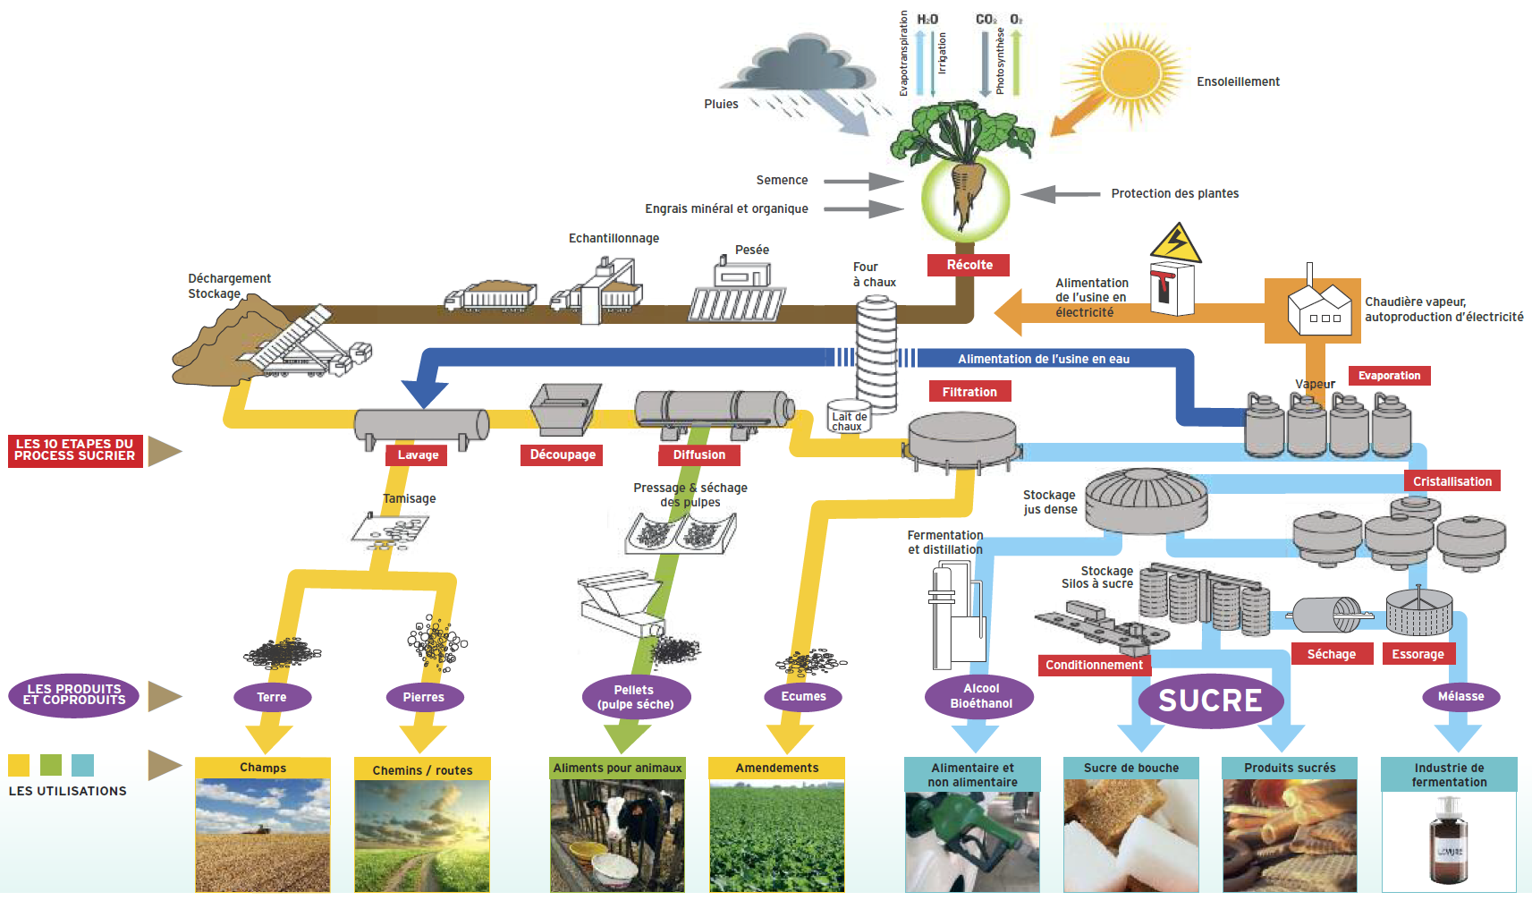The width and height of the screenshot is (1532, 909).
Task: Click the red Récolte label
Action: tap(969, 265)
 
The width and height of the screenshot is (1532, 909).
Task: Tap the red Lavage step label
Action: tap(418, 454)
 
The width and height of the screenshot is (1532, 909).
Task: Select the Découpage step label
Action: tap(563, 454)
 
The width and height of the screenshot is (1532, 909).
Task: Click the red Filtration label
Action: tap(969, 392)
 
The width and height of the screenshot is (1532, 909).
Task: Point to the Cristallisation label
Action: tap(1452, 481)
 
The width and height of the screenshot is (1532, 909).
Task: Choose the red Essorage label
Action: tap(1418, 654)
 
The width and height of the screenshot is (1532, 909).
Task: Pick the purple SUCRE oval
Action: tap(1210, 701)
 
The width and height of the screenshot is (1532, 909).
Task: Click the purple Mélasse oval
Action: tap(1460, 696)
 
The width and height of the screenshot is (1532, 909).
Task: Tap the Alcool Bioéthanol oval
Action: tap(980, 696)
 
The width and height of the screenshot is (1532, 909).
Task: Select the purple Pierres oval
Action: tap(423, 697)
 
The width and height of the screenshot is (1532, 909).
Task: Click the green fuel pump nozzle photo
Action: tap(971, 841)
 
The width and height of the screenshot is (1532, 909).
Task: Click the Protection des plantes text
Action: tap(1174, 193)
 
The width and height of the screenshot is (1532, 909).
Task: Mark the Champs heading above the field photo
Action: tap(263, 768)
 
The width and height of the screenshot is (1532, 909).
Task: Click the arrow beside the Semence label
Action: tap(863, 181)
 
